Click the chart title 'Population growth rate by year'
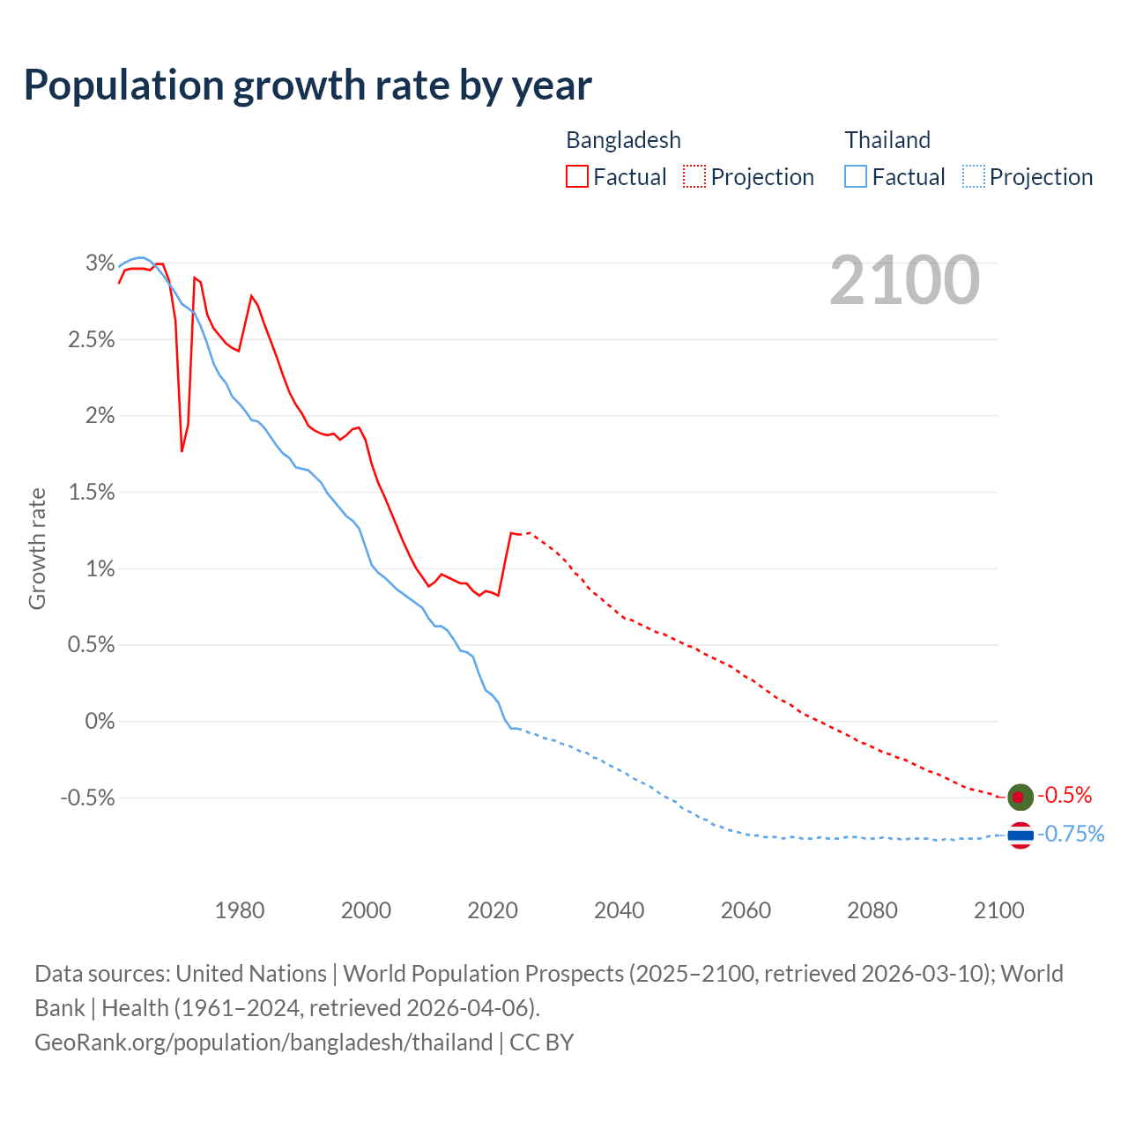[x=308, y=85]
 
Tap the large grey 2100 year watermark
[x=904, y=280]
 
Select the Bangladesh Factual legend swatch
[x=577, y=176]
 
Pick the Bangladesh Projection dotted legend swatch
[x=694, y=176]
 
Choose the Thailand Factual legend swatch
[x=856, y=176]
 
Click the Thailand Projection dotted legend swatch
[x=973, y=176]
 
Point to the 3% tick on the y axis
[x=100, y=263]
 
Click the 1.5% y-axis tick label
[x=92, y=492]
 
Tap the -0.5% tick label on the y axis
[x=88, y=798]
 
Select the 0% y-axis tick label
[x=100, y=721]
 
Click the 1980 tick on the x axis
[x=240, y=910]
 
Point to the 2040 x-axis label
[x=620, y=910]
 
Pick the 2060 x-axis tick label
[x=746, y=910]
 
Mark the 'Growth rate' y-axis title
[x=37, y=548]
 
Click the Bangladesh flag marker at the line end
[x=1020, y=797]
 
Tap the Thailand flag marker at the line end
[x=1020, y=835]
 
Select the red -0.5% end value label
[x=1065, y=796]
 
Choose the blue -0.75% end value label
[x=1071, y=834]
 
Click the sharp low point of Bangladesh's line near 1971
[x=182, y=450]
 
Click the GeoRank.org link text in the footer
[x=263, y=1043]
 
